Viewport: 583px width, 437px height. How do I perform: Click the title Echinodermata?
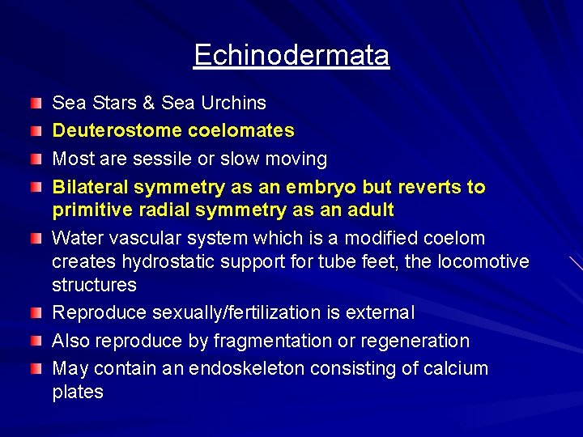point(291,55)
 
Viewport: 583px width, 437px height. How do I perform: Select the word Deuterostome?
point(106,130)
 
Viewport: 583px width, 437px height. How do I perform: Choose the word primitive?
point(89,210)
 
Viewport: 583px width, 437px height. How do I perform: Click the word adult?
point(370,210)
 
